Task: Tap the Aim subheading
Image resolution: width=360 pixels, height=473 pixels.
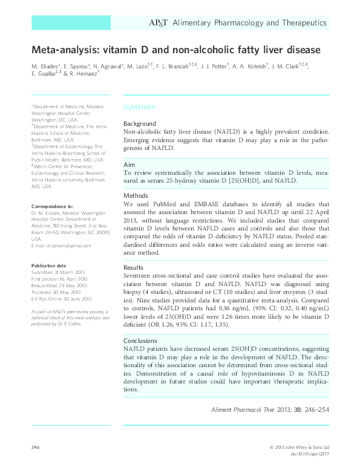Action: pos(129,165)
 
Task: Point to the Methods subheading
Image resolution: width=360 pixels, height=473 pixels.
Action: pos(136,196)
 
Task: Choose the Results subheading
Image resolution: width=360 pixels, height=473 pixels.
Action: pos(134,267)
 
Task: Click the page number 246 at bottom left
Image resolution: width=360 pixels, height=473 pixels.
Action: pos(35,447)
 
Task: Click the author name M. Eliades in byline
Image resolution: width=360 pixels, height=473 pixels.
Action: pos(45,65)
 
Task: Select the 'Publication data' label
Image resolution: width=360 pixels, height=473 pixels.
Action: pos(48,266)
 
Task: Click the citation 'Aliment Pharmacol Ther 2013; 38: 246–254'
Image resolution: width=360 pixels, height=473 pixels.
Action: pos(269,409)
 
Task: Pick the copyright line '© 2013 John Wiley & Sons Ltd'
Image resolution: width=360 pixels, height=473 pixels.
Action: pos(298,447)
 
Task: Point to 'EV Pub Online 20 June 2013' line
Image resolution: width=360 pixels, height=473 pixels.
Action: pos(61,299)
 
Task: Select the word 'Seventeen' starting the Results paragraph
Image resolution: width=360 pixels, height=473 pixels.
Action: pos(140,275)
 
